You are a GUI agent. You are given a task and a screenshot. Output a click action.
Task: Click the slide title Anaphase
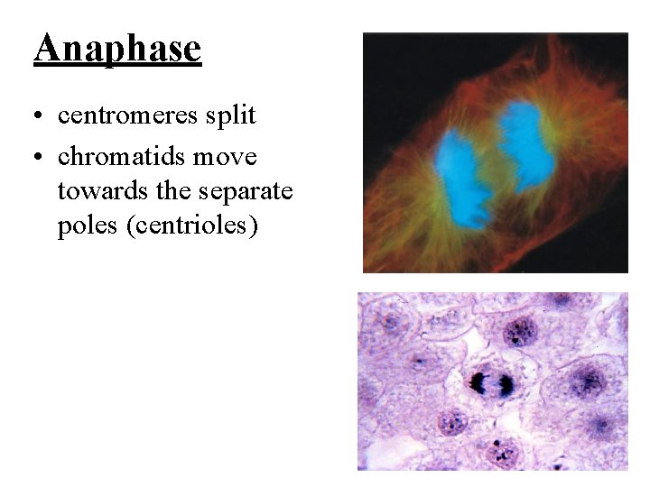point(117,48)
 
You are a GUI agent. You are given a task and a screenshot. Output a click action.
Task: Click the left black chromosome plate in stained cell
point(478,383)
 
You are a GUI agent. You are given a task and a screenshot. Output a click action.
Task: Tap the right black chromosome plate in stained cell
point(506,385)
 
